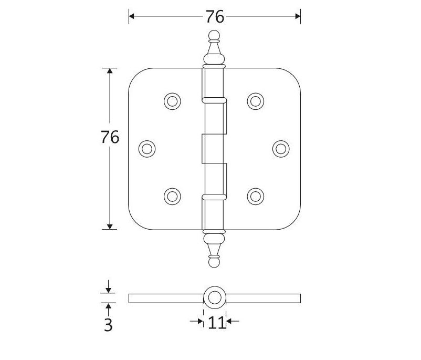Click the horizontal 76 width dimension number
pos(215,17)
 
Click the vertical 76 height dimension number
pos(110,137)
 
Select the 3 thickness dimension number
pos(108,325)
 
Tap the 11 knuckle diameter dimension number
pos(217,322)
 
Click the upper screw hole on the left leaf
pos(172,101)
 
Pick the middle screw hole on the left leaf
pos(147,149)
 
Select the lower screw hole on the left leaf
pos(172,196)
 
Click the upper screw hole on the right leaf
pos(256,101)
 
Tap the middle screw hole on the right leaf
pos(281,149)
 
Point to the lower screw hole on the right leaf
pos(256,196)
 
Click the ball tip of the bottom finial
pos(214,261)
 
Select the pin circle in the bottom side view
pos(214,298)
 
